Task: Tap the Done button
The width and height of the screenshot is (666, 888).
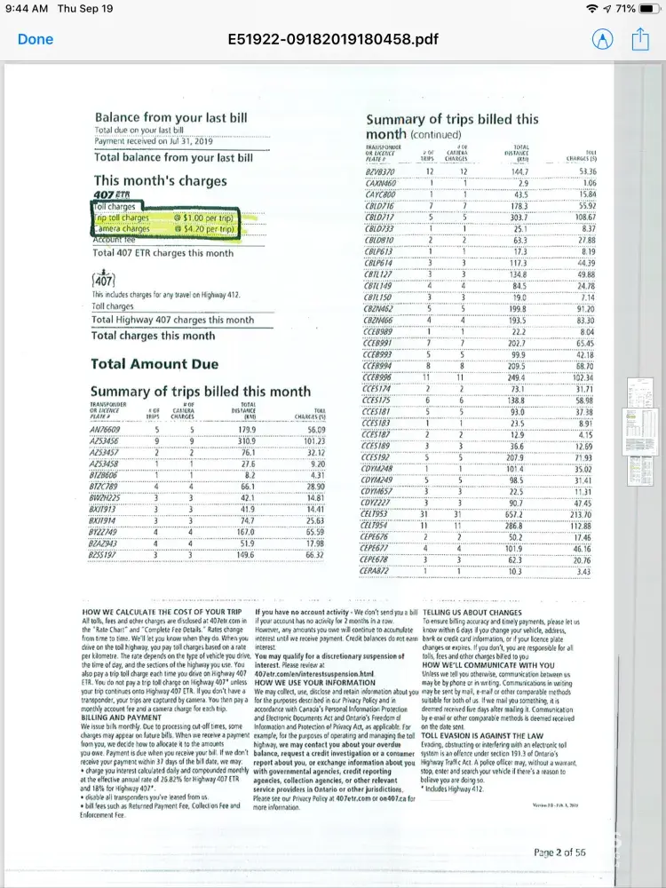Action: click(x=36, y=39)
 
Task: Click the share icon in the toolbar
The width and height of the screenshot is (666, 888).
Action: click(x=640, y=39)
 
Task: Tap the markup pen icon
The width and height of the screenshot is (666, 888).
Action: click(x=603, y=39)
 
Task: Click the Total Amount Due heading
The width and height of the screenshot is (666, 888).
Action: click(x=154, y=364)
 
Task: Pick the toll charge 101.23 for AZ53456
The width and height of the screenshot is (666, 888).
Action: click(x=309, y=441)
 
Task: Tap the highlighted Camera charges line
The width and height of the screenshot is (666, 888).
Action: click(x=124, y=228)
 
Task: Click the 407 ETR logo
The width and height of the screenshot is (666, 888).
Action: click(x=111, y=194)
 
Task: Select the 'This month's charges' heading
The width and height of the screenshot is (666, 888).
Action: click(x=155, y=180)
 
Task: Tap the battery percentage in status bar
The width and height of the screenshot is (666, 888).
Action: click(x=625, y=8)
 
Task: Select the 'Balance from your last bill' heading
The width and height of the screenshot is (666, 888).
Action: click(x=171, y=117)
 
